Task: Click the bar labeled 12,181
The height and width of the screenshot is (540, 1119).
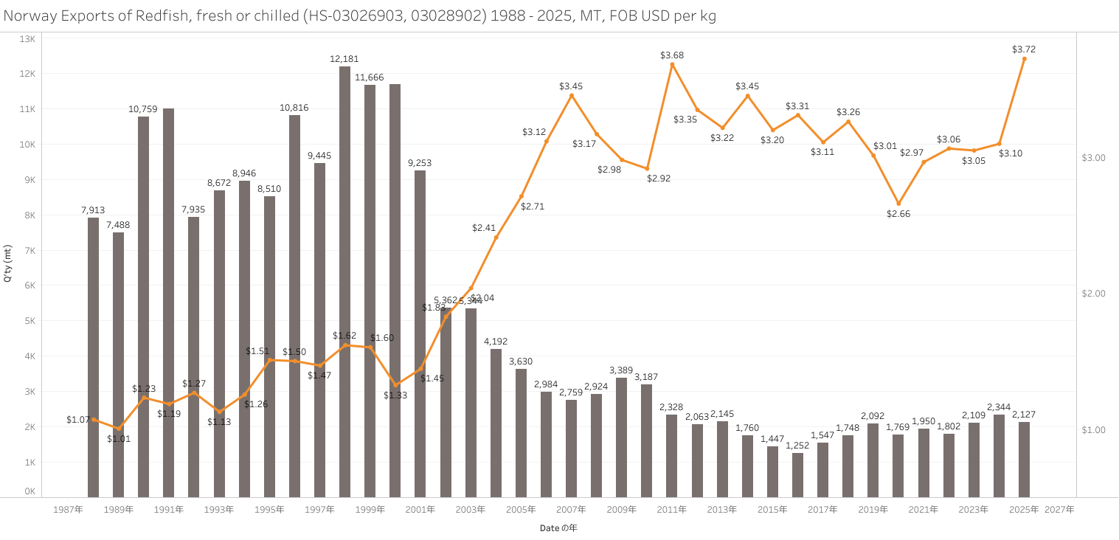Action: (x=344, y=280)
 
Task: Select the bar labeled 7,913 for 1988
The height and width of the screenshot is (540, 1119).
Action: (x=93, y=357)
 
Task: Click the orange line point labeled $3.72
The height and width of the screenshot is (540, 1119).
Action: (x=1024, y=59)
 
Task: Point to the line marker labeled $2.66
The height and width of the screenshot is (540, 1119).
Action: (x=898, y=204)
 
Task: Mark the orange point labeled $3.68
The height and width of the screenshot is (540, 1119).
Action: (x=672, y=65)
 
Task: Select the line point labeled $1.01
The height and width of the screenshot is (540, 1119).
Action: (x=118, y=428)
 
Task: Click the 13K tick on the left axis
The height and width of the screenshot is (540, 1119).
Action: (x=27, y=38)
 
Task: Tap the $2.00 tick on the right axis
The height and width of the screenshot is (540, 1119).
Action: (x=1093, y=294)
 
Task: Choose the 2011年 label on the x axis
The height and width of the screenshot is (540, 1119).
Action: (x=672, y=509)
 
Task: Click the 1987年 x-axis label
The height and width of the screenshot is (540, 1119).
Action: (x=68, y=509)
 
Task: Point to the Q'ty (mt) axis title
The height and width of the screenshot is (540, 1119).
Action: (x=9, y=268)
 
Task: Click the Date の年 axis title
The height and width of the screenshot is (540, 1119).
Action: (x=558, y=527)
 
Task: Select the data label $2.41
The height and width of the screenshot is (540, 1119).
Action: (x=484, y=228)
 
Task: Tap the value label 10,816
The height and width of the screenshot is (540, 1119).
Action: (x=294, y=108)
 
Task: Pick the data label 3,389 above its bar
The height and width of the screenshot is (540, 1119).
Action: (x=621, y=370)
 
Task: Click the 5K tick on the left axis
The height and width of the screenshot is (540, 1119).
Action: (x=29, y=321)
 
